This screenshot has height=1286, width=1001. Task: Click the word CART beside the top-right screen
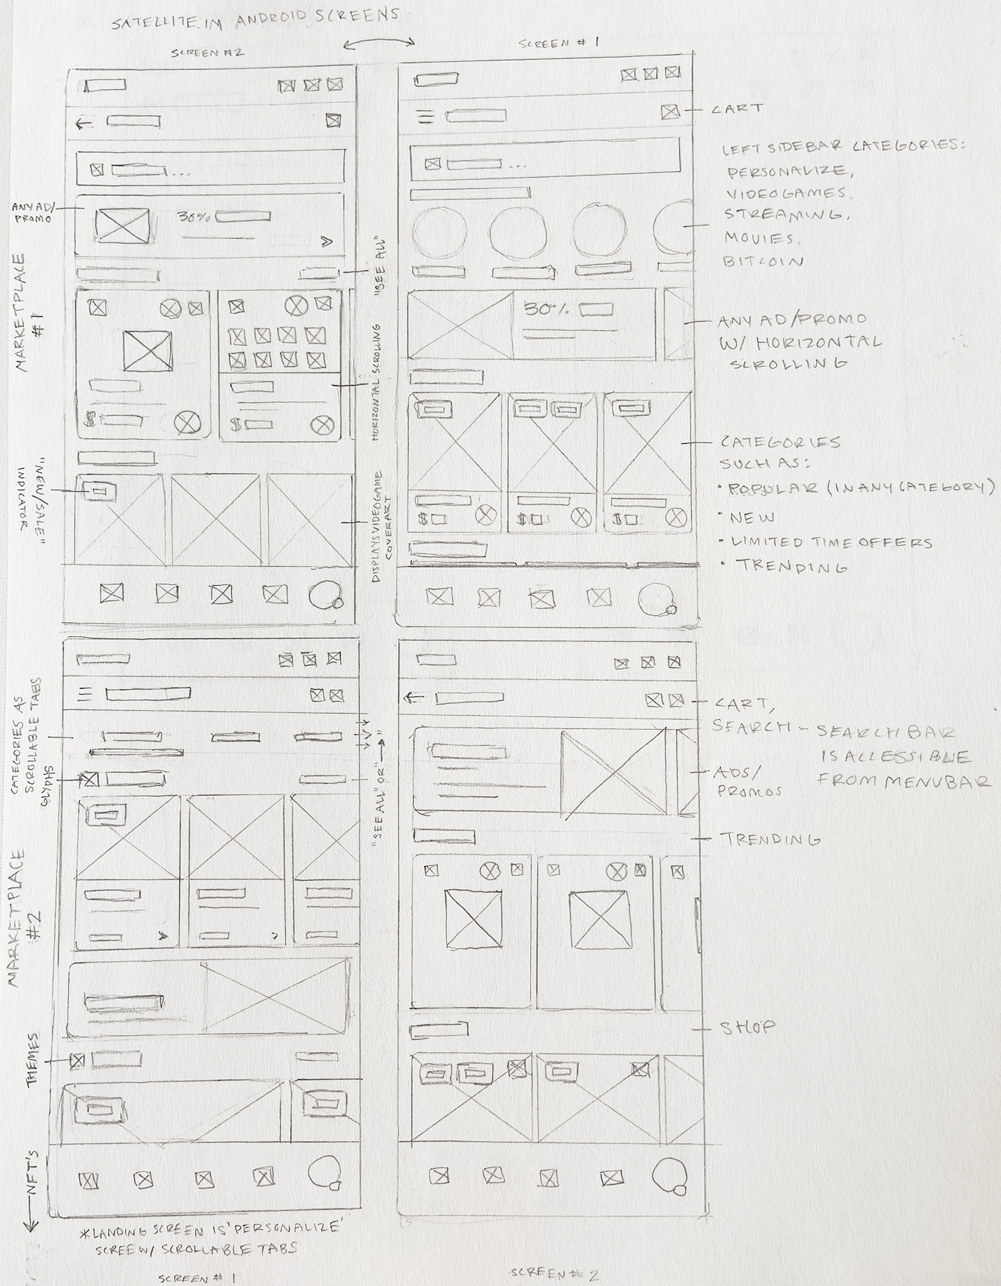click(736, 109)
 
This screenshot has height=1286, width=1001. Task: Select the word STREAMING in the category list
click(784, 215)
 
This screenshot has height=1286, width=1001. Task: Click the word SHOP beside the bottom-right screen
click(748, 1028)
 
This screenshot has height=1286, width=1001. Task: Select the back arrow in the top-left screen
click(84, 124)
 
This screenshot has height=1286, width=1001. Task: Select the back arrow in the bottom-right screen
click(414, 697)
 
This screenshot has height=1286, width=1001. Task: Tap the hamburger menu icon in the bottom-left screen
click(85, 695)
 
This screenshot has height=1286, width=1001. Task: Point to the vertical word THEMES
click(32, 1060)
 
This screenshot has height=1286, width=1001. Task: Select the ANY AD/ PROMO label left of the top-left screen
click(34, 214)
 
